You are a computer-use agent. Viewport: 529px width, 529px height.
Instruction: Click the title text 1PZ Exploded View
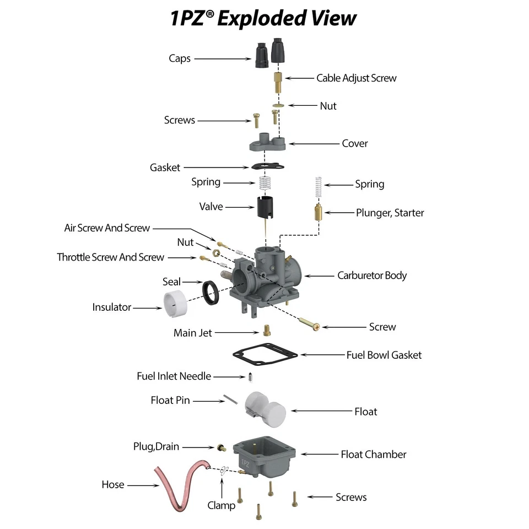[263, 19]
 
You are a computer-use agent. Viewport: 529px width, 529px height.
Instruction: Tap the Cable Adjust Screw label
[356, 78]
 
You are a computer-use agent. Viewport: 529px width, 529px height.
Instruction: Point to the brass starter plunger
[318, 212]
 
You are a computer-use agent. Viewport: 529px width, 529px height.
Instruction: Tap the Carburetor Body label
[372, 275]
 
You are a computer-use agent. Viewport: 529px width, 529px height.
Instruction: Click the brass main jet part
[267, 330]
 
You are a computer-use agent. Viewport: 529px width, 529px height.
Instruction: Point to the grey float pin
[230, 400]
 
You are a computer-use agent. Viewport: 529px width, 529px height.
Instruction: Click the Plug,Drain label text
[156, 446]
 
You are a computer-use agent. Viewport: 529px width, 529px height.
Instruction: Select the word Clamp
[222, 505]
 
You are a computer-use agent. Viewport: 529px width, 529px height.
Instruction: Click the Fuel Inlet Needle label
[174, 376]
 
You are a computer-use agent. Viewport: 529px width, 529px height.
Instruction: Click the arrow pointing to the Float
[320, 411]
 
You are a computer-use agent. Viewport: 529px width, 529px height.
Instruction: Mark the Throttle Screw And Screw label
[110, 257]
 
